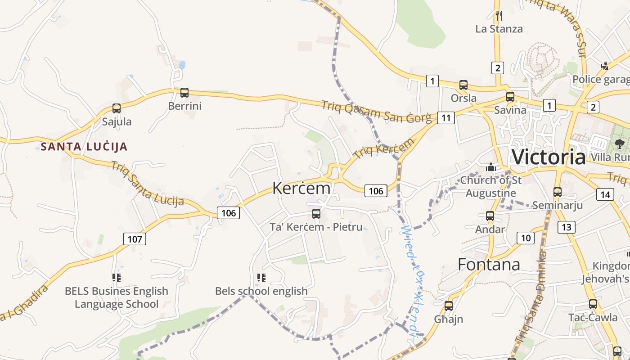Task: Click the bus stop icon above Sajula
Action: [117, 108]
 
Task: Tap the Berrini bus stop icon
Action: [184, 93]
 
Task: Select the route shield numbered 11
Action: [445, 118]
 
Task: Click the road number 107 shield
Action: [135, 239]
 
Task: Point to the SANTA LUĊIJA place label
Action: [84, 147]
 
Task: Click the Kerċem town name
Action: [301, 188]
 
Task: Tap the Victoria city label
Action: [549, 157]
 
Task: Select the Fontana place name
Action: [489, 264]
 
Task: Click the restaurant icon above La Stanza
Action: [499, 16]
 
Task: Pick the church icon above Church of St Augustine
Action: [491, 167]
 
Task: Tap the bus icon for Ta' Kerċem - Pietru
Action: [316, 213]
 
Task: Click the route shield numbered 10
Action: [526, 238]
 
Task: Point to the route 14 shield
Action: [605, 194]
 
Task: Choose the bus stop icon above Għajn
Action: [449, 306]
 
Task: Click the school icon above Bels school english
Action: [261, 278]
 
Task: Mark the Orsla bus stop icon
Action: [463, 85]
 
